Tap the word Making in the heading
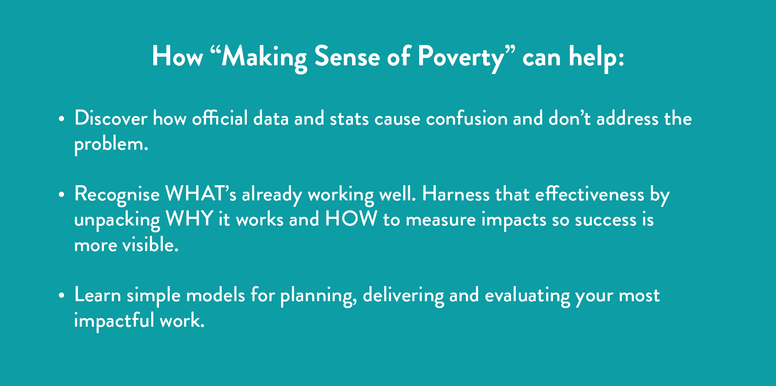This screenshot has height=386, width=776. click(x=265, y=57)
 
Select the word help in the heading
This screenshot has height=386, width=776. click(x=594, y=57)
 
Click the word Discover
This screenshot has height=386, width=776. click(x=111, y=118)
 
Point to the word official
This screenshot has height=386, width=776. click(x=220, y=118)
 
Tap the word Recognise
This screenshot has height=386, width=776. click(x=117, y=194)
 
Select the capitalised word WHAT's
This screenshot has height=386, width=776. click(x=201, y=193)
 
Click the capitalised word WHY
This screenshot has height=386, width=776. click(x=189, y=219)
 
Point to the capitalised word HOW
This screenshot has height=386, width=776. click(x=351, y=219)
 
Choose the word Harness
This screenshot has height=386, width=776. click(x=456, y=193)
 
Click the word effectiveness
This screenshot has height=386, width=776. click(x=589, y=193)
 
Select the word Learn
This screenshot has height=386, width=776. click(x=97, y=295)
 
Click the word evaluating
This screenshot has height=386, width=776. click(x=527, y=296)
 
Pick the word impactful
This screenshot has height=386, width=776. click(x=114, y=321)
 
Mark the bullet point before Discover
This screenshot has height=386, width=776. click(x=61, y=119)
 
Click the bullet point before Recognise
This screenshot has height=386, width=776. click(x=61, y=194)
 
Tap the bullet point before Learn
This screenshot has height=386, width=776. click(x=61, y=296)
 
